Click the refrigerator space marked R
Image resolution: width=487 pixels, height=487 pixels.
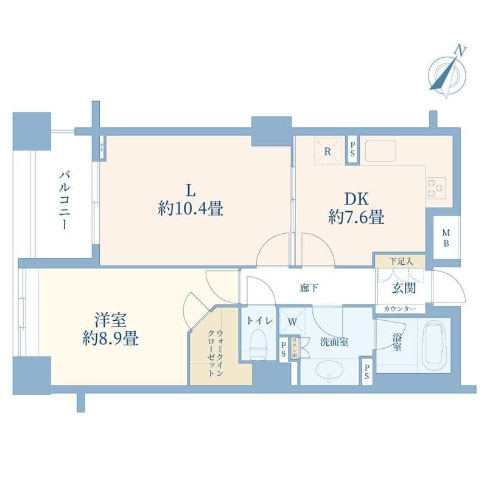click(328, 152)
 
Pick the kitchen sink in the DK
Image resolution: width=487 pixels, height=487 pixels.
click(379, 150)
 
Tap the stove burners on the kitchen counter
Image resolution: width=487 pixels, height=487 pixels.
click(436, 187)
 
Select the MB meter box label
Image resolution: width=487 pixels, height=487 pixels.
click(446, 238)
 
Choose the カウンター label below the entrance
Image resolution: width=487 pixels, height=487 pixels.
click(400, 309)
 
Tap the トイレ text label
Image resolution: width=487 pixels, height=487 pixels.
click(259, 320)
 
